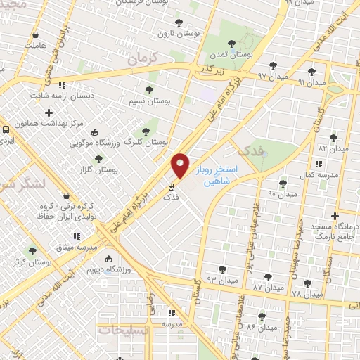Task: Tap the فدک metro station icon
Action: [x=170, y=187]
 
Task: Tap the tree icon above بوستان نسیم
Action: [x=149, y=89]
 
